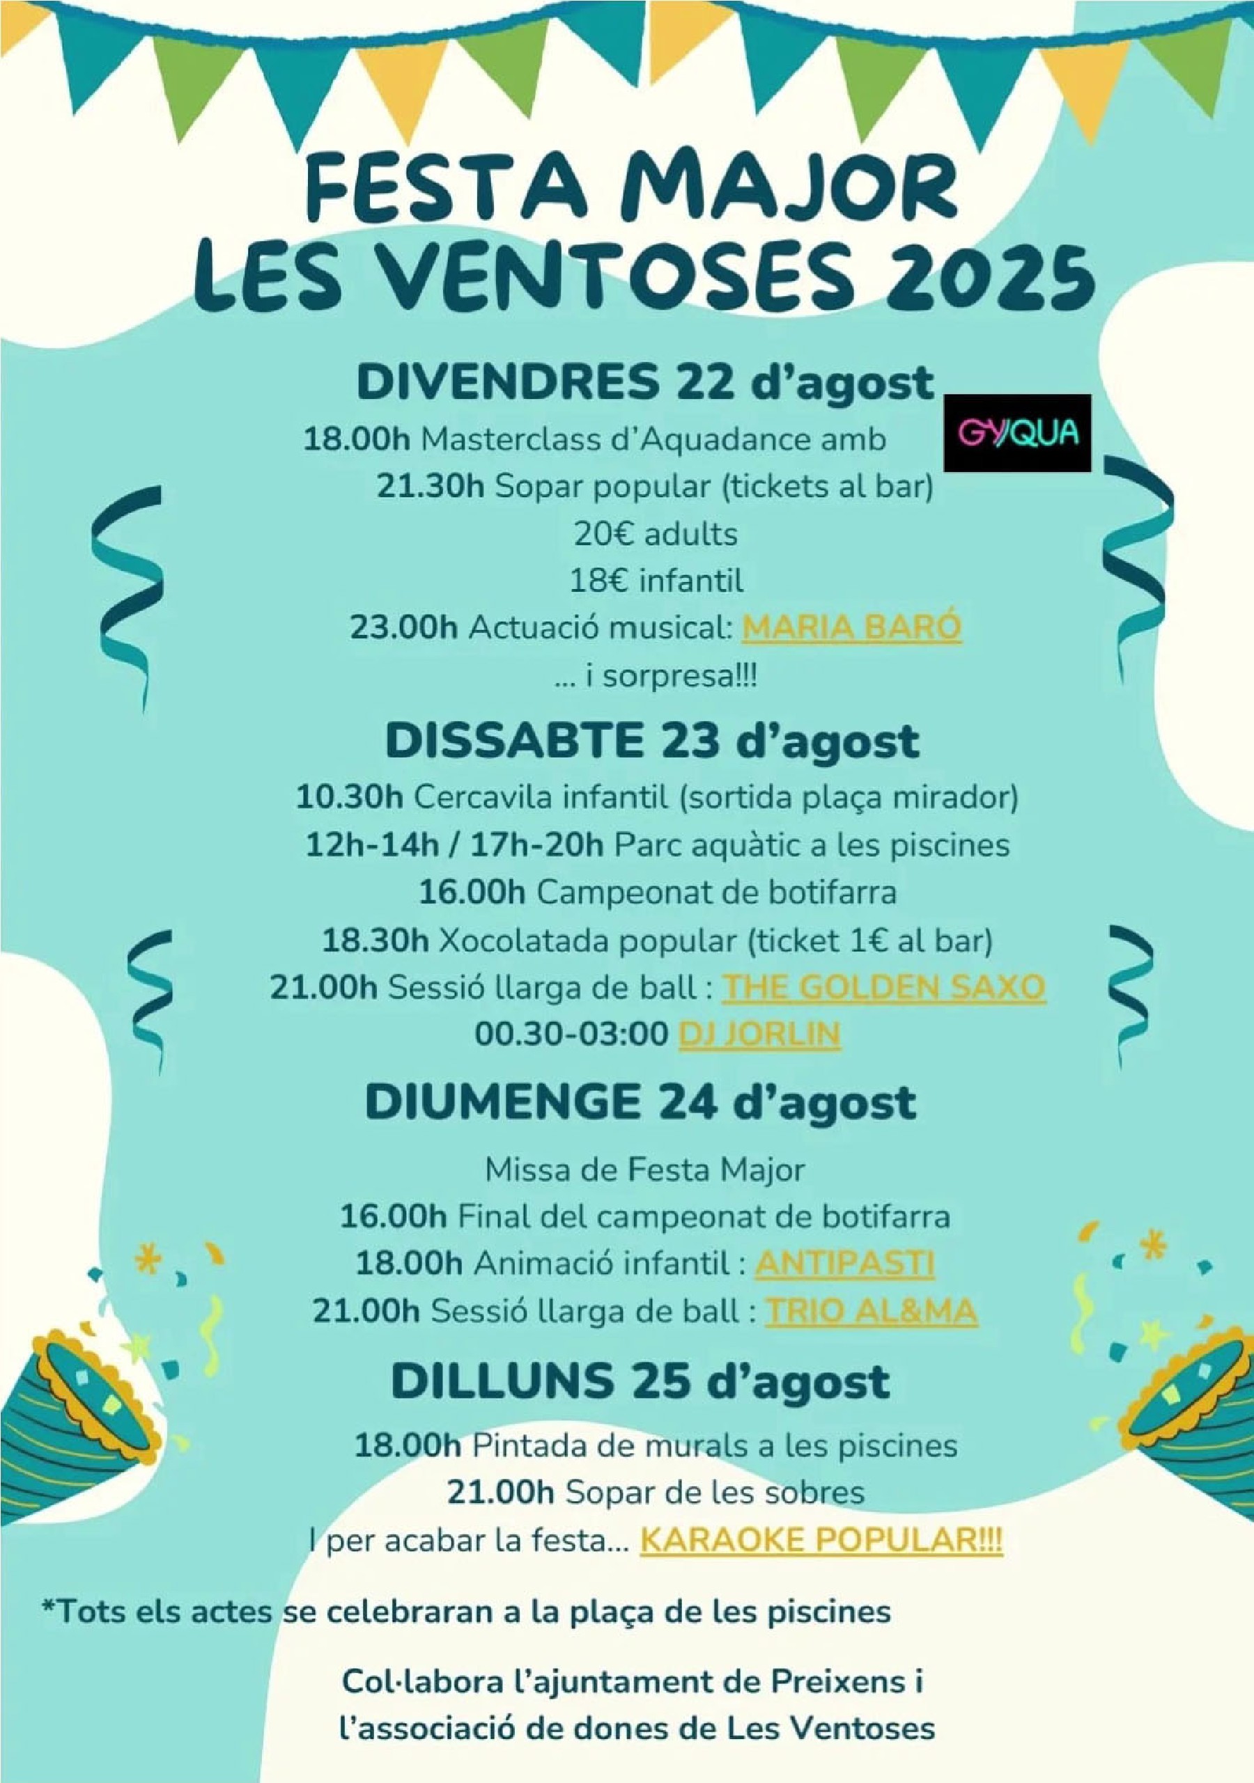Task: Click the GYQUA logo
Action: coord(1016,432)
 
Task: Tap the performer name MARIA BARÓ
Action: coord(851,627)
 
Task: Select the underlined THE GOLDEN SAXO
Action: coord(883,987)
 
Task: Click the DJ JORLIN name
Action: coord(759,1035)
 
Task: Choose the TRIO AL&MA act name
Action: coord(871,1311)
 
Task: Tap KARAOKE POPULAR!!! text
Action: coord(821,1540)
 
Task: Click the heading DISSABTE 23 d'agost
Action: coord(652,741)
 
